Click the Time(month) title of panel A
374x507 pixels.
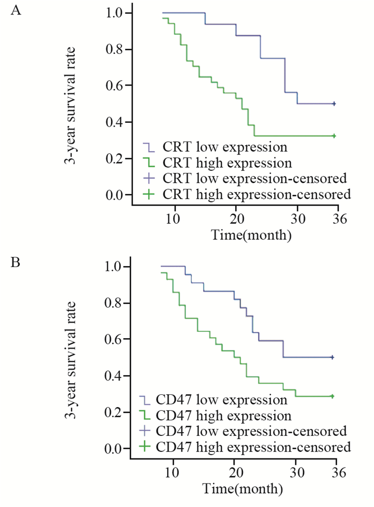coord(251,234)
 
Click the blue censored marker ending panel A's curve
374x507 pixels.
coord(334,104)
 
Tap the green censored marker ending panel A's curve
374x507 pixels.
coord(334,136)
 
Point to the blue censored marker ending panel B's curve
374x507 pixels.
coord(332,357)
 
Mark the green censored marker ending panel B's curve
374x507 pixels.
coord(332,396)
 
